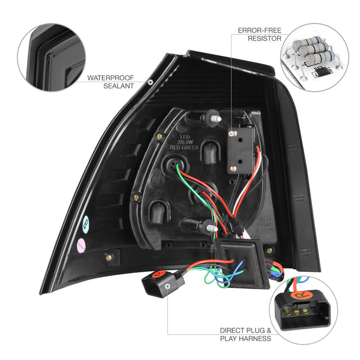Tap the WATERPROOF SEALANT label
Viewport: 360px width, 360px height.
(110, 82)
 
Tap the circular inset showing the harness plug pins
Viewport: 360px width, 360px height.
(305, 305)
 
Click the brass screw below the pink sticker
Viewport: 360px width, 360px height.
(109, 258)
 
